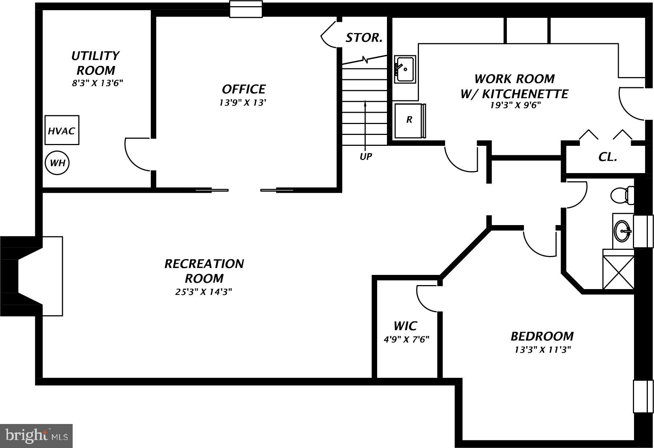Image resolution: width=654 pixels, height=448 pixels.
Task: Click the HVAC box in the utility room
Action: click(x=62, y=130)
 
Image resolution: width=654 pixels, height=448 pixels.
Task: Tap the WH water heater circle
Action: click(x=57, y=163)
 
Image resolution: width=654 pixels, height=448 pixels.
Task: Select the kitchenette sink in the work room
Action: click(x=405, y=69)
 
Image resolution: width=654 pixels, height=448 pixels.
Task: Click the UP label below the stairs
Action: click(x=366, y=157)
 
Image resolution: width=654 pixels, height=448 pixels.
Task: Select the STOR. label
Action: click(x=364, y=38)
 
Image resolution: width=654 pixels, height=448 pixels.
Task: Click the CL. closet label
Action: click(x=607, y=157)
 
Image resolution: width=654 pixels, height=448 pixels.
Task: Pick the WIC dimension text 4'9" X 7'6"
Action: click(x=406, y=340)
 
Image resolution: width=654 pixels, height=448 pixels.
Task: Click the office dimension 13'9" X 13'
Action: click(x=243, y=103)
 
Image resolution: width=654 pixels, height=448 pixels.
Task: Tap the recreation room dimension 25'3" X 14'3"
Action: click(x=203, y=292)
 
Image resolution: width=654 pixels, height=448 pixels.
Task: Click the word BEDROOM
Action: click(x=542, y=336)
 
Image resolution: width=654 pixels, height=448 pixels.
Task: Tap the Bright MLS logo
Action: click(x=36, y=436)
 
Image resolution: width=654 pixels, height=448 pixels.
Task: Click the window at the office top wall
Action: click(x=246, y=9)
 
